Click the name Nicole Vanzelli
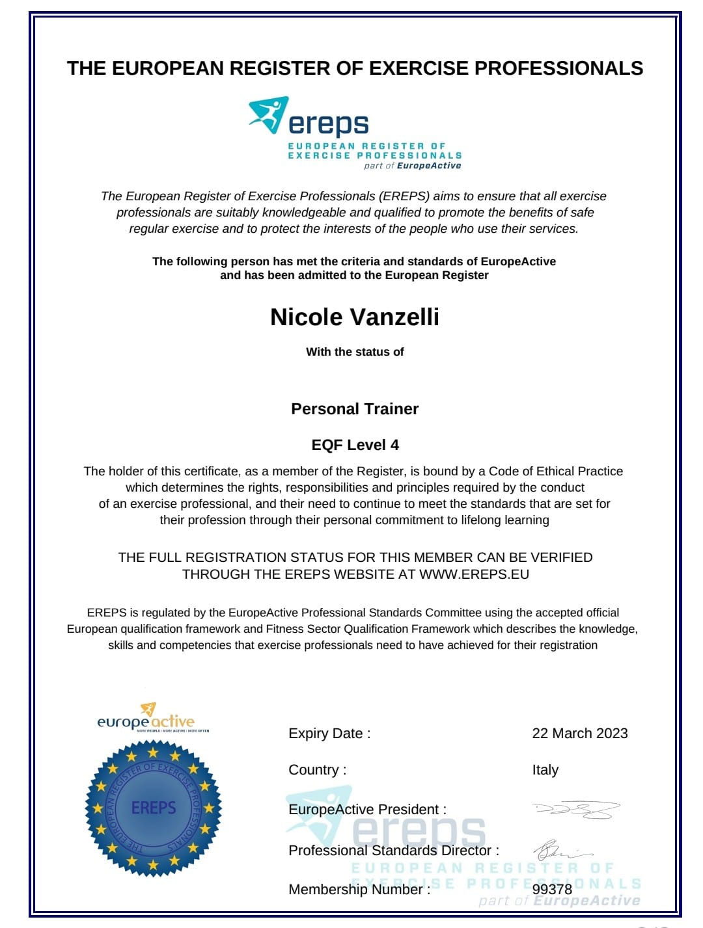[x=355, y=317]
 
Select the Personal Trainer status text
[x=355, y=409]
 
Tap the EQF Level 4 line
[x=355, y=445]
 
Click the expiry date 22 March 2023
[x=579, y=734]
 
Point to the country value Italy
[x=545, y=770]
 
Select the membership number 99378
[x=552, y=889]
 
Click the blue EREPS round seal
[x=154, y=808]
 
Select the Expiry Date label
[x=329, y=734]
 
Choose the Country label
[x=317, y=770]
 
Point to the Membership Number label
[x=359, y=890]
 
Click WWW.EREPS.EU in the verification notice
[x=474, y=574]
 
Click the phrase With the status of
[x=355, y=352]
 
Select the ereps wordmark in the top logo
[x=328, y=124]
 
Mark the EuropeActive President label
[x=367, y=810]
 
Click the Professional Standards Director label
[x=394, y=851]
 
